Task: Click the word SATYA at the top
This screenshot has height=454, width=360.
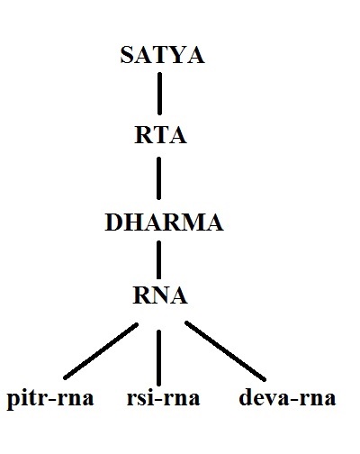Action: [x=162, y=55]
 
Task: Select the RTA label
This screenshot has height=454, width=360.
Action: [x=160, y=135]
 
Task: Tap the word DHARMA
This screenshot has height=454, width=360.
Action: [x=164, y=222]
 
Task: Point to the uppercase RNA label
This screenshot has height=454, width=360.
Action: [x=160, y=295]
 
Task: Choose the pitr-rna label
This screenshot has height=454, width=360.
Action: [x=50, y=399]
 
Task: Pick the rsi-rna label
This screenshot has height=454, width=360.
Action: [x=163, y=398]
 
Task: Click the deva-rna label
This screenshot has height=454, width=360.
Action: [x=287, y=397]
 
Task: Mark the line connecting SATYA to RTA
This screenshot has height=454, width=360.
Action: [x=160, y=94]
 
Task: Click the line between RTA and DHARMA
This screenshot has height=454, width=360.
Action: [x=159, y=178]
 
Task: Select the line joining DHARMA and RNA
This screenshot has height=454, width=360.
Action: [x=158, y=260]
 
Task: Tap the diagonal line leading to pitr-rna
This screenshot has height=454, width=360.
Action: [x=101, y=351]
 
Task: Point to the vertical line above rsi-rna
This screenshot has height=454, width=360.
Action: [x=158, y=358]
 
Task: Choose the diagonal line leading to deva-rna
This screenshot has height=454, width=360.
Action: [x=226, y=351]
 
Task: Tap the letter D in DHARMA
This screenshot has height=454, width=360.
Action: [x=113, y=222]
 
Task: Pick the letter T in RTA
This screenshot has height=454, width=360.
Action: [x=160, y=135]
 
